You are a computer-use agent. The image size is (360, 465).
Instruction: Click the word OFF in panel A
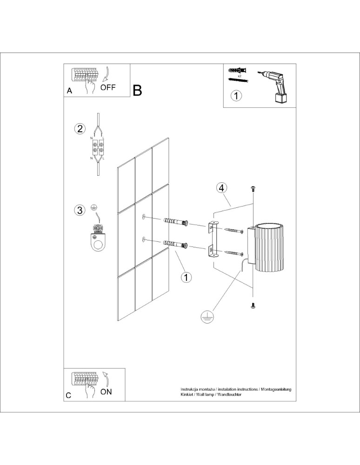click(x=108, y=87)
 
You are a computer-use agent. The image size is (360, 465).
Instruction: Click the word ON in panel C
click(x=106, y=392)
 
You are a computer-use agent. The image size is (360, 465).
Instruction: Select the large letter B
click(x=137, y=90)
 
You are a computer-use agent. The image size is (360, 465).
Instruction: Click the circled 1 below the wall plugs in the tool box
click(x=237, y=96)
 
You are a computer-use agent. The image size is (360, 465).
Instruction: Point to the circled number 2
click(x=80, y=129)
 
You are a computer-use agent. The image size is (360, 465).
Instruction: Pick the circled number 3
click(x=80, y=210)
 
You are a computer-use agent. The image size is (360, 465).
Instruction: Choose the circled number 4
click(x=222, y=188)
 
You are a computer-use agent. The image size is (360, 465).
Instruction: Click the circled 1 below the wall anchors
click(x=186, y=278)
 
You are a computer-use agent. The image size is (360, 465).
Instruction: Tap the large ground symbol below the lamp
click(x=206, y=317)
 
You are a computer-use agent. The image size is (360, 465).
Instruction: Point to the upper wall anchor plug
click(x=176, y=222)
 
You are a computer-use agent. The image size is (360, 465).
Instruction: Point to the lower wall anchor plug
click(x=176, y=244)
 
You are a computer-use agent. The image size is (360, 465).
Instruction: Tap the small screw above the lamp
click(x=253, y=188)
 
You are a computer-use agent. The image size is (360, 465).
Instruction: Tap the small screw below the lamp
click(x=253, y=306)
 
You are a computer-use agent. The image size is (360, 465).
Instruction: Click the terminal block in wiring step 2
click(x=98, y=148)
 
